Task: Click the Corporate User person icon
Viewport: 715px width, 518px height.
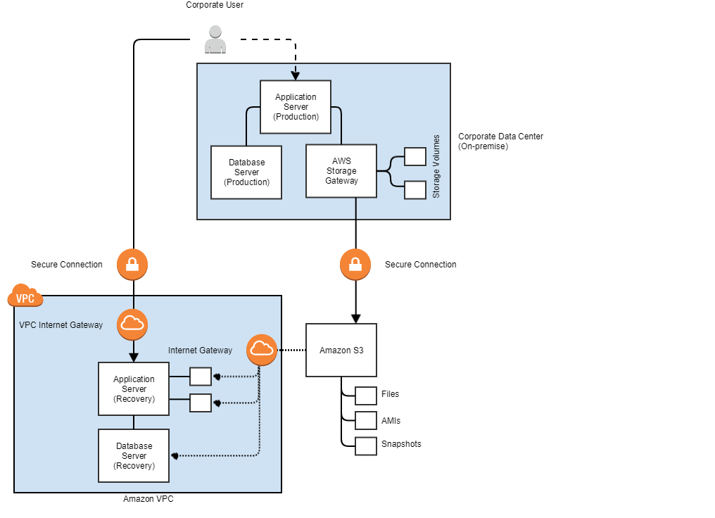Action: (215, 40)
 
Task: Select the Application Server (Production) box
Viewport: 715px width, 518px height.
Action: (296, 107)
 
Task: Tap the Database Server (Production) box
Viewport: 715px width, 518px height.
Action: (246, 172)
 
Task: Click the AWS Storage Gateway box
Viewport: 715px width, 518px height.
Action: (341, 171)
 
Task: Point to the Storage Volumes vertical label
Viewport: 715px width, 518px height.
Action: (436, 166)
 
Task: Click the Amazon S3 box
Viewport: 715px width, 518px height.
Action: (341, 350)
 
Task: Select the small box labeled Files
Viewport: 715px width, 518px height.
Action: (366, 395)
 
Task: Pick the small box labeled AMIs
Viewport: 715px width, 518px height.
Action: (366, 421)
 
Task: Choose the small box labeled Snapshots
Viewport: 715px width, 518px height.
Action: (366, 446)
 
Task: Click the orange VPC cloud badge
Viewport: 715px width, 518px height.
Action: (25, 297)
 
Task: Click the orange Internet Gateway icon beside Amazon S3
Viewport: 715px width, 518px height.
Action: (261, 350)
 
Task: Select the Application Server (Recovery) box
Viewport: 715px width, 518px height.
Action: (134, 389)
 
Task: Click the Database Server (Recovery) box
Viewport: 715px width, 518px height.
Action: (134, 456)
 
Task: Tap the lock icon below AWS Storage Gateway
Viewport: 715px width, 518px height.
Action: (355, 265)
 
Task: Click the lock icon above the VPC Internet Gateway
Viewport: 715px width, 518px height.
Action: (132, 265)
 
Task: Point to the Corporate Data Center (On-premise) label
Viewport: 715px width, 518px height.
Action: (500, 141)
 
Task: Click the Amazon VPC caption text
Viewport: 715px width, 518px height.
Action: (148, 499)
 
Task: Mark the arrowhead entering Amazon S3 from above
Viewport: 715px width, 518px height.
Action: (355, 319)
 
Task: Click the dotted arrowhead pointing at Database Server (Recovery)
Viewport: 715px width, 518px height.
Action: (174, 456)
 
